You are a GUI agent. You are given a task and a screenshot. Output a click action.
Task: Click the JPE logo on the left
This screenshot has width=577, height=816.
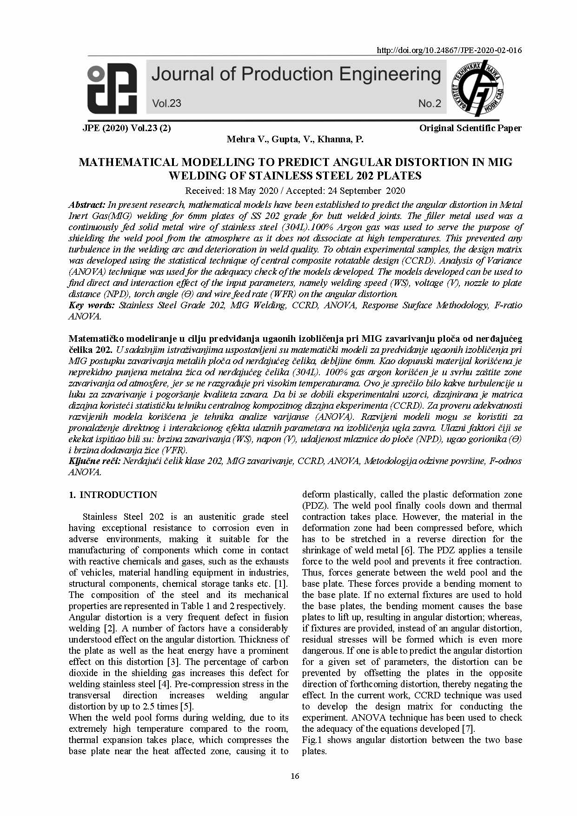pyautogui.click(x=112, y=88)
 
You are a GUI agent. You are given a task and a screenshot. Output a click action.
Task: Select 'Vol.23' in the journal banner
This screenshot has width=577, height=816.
pyautogui.click(x=166, y=103)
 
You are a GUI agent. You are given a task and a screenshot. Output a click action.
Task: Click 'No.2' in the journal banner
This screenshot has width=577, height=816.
pyautogui.click(x=429, y=103)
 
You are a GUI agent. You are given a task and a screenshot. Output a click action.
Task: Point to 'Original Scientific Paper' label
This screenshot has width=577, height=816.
pyautogui.click(x=470, y=128)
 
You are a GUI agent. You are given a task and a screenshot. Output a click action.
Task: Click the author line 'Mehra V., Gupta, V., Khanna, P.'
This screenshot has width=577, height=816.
pyautogui.click(x=295, y=139)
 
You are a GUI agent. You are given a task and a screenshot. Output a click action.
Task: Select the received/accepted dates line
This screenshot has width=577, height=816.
pyautogui.click(x=295, y=190)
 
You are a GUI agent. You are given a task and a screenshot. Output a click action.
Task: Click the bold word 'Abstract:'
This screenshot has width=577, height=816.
pyautogui.click(x=87, y=205)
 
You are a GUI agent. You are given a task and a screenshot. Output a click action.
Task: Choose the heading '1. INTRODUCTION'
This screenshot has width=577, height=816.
pyautogui.click(x=113, y=495)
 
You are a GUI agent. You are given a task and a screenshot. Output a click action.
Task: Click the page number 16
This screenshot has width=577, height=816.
pyautogui.click(x=294, y=776)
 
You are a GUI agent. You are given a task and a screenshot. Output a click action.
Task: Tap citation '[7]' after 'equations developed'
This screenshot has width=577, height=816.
pyautogui.click(x=468, y=729)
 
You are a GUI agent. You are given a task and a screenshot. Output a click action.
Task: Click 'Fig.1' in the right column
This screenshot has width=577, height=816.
pyautogui.click(x=312, y=740)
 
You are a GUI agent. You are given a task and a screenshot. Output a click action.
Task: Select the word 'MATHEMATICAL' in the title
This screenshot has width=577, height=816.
pyautogui.click(x=128, y=162)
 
